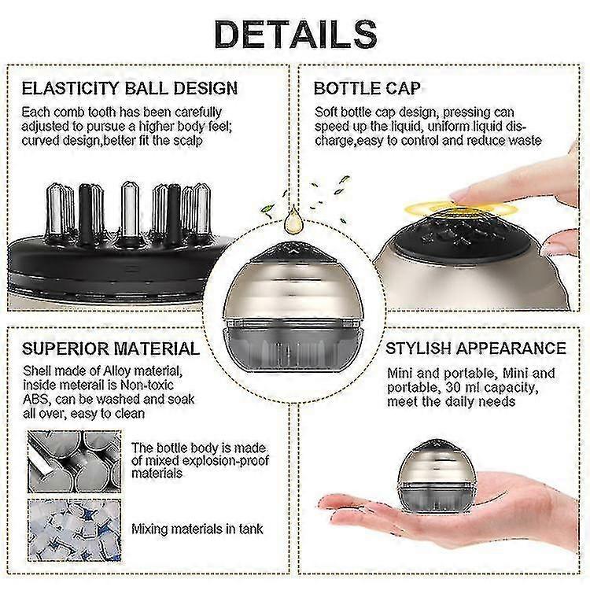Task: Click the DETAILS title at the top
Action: (x=296, y=35)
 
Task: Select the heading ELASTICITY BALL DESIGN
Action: (x=130, y=88)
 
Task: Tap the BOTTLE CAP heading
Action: (x=367, y=88)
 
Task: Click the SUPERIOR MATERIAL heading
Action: (x=111, y=348)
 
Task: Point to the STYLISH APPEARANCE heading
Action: (x=476, y=348)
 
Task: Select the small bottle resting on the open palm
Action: (x=437, y=477)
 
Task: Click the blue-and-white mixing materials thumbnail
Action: (x=75, y=530)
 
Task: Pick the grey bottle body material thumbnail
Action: (x=75, y=462)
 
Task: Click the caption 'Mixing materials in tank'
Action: (x=197, y=529)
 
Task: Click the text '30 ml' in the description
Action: (x=463, y=387)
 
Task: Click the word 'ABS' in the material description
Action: (x=35, y=399)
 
